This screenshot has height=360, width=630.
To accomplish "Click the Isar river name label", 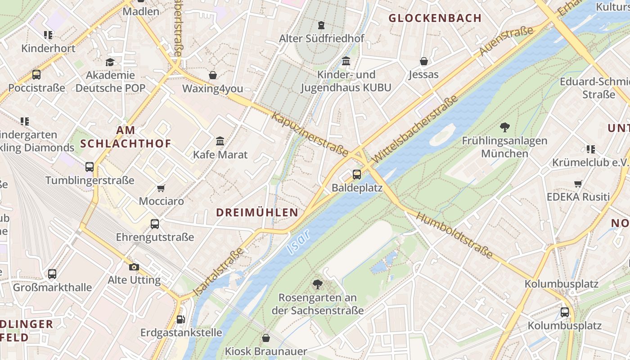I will click(x=298, y=242).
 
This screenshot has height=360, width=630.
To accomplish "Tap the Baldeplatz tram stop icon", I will click(x=357, y=174).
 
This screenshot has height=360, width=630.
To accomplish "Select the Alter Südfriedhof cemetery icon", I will click(x=321, y=25).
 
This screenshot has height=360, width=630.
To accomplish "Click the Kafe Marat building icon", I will click(x=220, y=141).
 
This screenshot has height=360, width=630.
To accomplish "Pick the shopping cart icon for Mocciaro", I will click(x=161, y=188).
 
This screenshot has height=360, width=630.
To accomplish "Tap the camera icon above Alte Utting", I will click(x=134, y=267).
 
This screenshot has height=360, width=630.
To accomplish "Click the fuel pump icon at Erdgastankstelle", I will click(x=181, y=319).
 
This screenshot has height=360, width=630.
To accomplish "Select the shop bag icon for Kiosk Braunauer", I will click(x=266, y=338).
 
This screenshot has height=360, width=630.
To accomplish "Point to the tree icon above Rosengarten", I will click(x=318, y=284).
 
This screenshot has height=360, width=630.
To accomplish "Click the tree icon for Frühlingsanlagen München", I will click(x=504, y=127).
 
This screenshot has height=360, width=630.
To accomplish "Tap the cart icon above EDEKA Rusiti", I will click(x=578, y=184).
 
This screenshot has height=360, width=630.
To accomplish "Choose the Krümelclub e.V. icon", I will click(x=590, y=149).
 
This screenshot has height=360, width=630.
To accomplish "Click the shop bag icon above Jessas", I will click(x=423, y=61).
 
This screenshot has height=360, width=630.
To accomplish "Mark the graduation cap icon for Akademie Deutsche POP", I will click(x=110, y=62).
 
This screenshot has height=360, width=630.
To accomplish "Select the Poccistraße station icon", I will click(x=36, y=75).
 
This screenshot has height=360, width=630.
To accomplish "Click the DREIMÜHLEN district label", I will click(x=257, y=212).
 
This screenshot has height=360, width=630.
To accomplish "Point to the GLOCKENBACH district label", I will click(x=435, y=18).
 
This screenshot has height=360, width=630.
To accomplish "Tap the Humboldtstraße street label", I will click(x=454, y=235).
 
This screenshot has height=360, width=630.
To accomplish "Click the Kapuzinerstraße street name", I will click(x=310, y=134).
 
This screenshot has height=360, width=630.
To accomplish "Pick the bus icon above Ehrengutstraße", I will click(x=155, y=224).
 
